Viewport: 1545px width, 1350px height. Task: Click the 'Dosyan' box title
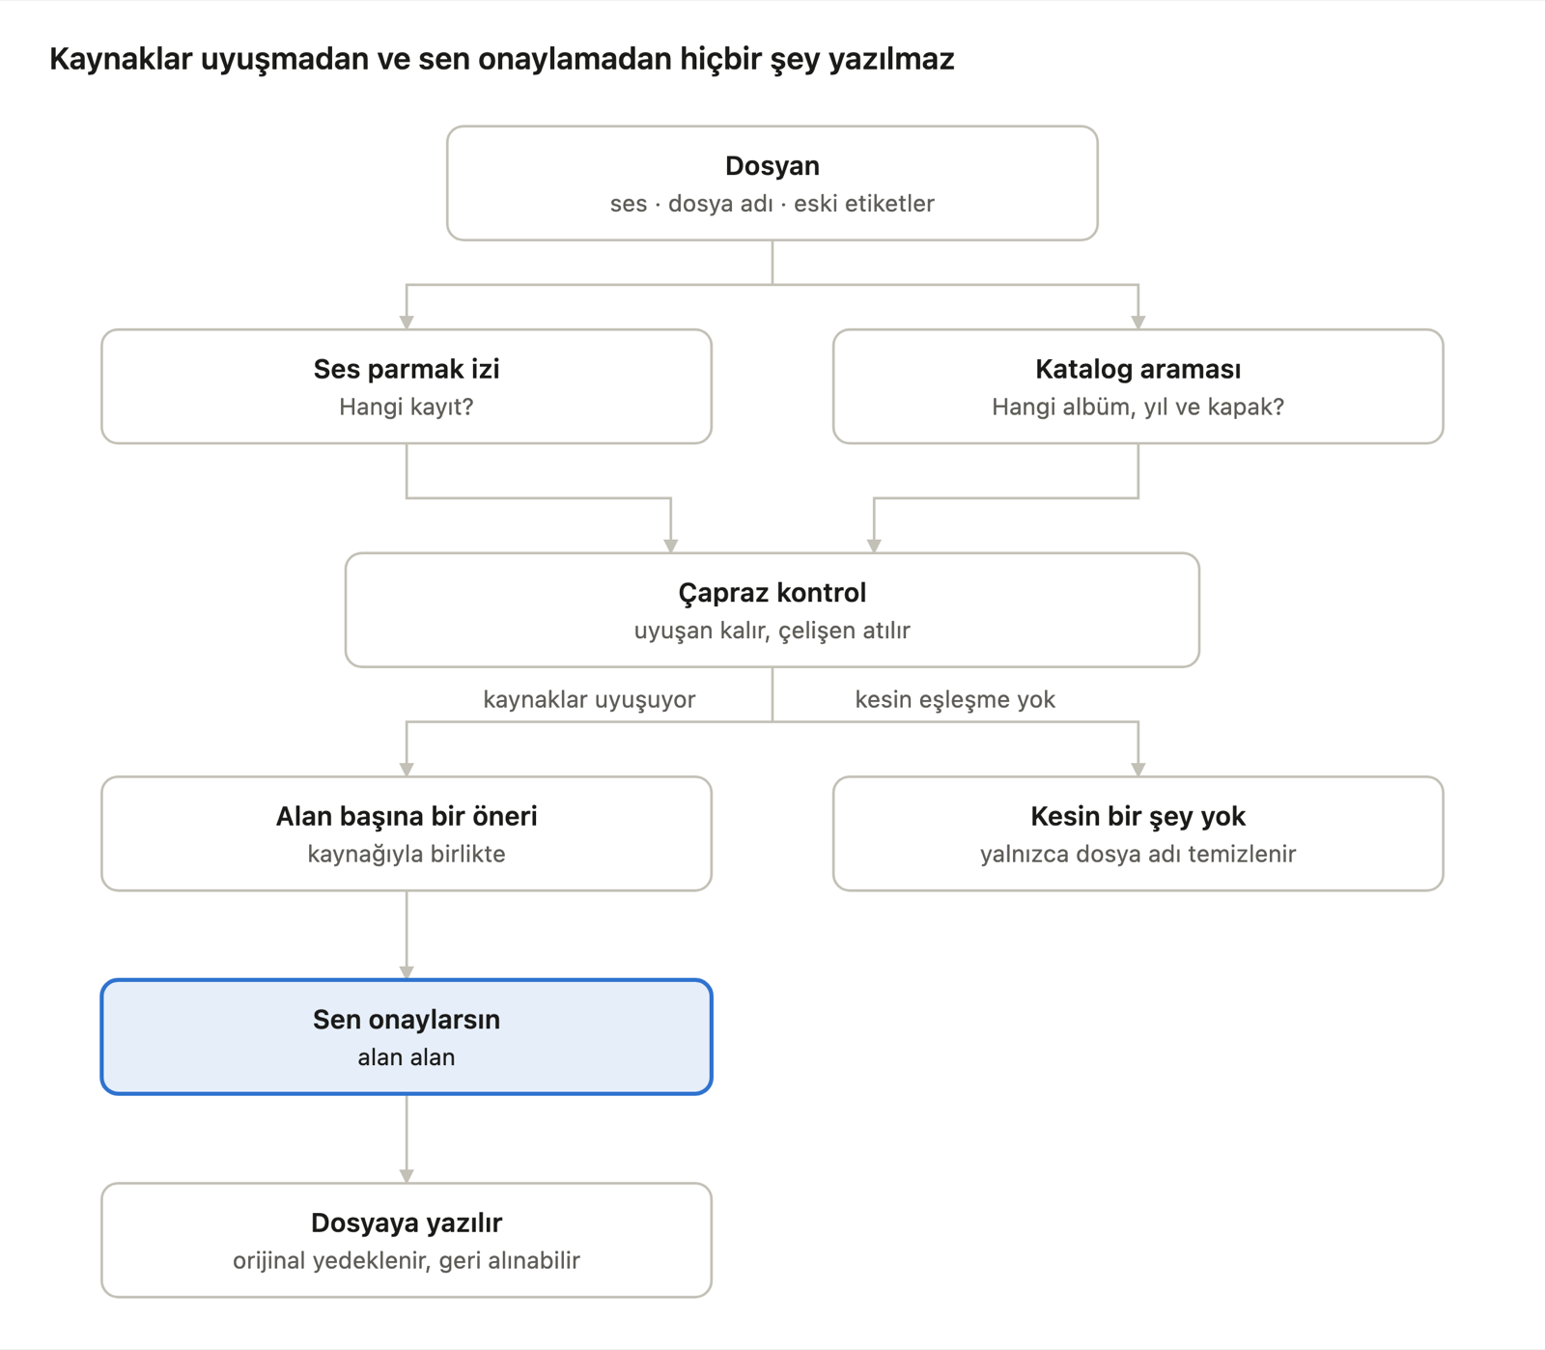(x=772, y=166)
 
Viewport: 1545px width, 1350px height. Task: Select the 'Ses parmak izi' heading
(x=407, y=369)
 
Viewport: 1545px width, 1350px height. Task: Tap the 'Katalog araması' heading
(x=1138, y=369)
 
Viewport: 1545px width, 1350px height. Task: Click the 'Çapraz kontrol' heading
(x=772, y=593)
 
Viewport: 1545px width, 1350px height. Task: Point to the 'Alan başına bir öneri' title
(x=407, y=817)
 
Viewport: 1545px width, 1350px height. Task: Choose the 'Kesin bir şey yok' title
(x=1138, y=817)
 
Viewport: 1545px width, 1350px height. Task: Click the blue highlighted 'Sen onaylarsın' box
(x=407, y=1037)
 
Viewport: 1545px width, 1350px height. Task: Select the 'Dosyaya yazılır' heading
(x=407, y=1223)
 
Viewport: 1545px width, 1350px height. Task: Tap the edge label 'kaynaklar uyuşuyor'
(x=589, y=699)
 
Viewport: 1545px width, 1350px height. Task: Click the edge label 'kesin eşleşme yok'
(x=955, y=699)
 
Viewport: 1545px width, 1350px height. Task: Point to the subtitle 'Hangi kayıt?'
(x=407, y=408)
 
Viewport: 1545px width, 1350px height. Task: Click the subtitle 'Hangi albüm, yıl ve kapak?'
(x=1138, y=408)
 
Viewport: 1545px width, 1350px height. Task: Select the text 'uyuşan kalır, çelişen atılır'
(x=772, y=631)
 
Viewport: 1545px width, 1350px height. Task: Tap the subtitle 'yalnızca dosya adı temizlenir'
(x=1138, y=855)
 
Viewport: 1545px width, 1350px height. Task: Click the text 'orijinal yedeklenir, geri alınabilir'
(x=407, y=1261)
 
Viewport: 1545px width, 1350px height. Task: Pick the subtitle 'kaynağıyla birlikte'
(x=407, y=855)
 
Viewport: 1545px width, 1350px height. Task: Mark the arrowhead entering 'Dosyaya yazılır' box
(x=407, y=1176)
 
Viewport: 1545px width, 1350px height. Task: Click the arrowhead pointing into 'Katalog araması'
(x=1138, y=323)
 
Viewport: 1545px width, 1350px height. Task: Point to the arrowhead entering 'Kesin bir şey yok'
(x=1138, y=770)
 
